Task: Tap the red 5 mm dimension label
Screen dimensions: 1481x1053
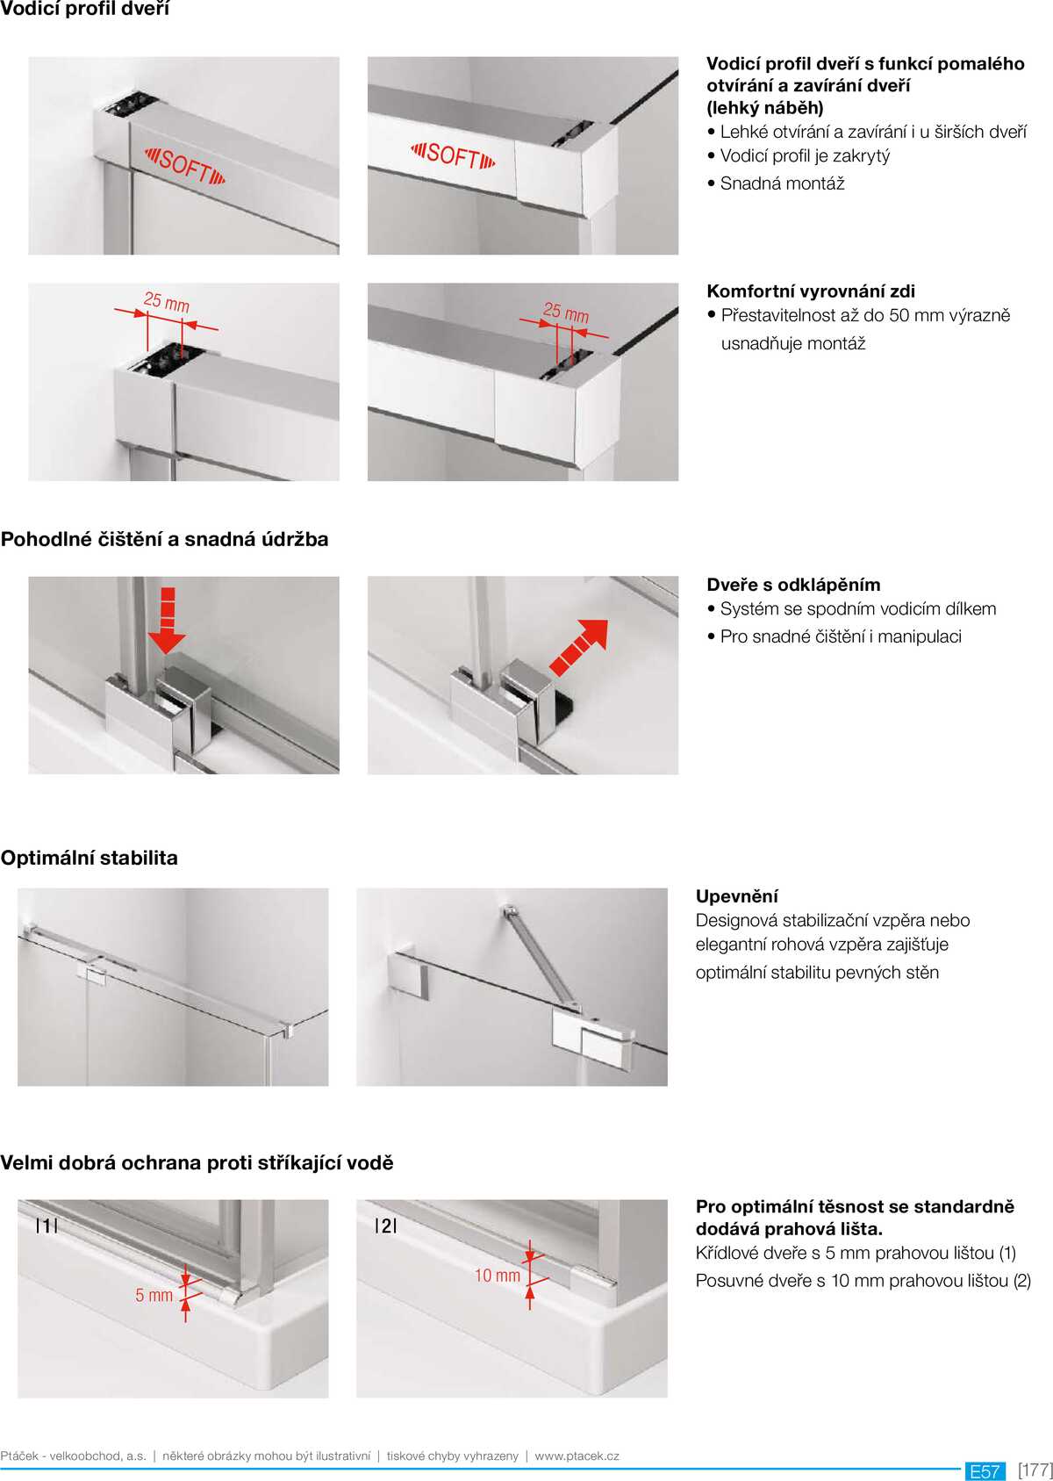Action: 154,1295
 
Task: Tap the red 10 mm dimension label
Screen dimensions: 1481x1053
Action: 497,1276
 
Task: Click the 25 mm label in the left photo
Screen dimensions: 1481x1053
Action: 166,302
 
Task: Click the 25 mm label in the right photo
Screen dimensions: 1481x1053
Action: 566,312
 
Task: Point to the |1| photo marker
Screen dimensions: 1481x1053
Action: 47,1226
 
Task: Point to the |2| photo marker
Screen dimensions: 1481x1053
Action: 385,1226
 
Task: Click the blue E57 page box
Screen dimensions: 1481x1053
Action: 985,1470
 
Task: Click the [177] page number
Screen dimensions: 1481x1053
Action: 1035,1469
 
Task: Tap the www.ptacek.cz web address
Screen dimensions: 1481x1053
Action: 577,1456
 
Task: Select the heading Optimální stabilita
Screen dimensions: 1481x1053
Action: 90,858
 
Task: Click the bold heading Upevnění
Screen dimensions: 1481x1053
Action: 736,896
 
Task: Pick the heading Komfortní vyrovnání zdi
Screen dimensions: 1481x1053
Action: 810,291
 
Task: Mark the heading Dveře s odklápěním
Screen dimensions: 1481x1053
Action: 793,585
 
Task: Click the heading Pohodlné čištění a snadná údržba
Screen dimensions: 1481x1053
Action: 164,539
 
